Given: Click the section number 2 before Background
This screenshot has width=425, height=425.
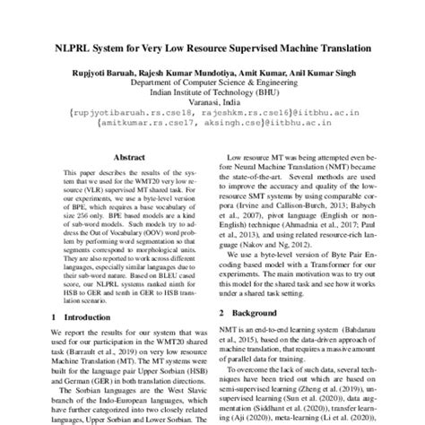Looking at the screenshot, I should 222,312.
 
